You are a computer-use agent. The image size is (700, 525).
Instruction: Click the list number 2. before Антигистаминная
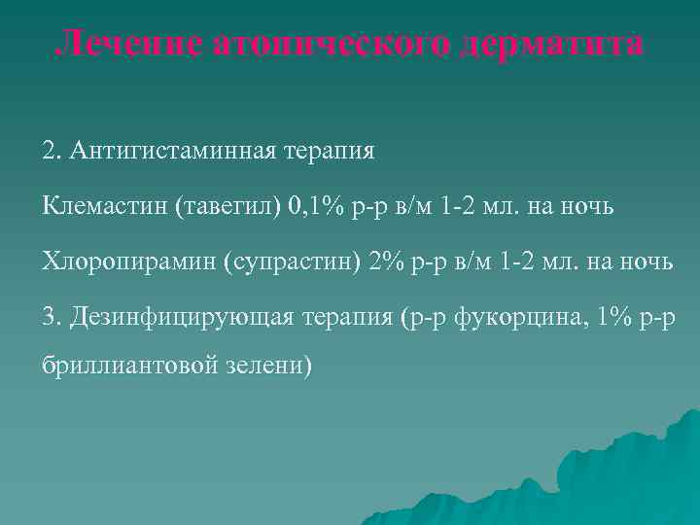pos(51,152)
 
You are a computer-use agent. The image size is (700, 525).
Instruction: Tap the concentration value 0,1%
pos(320,206)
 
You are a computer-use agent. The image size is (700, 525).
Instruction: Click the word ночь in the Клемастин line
pos(588,206)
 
